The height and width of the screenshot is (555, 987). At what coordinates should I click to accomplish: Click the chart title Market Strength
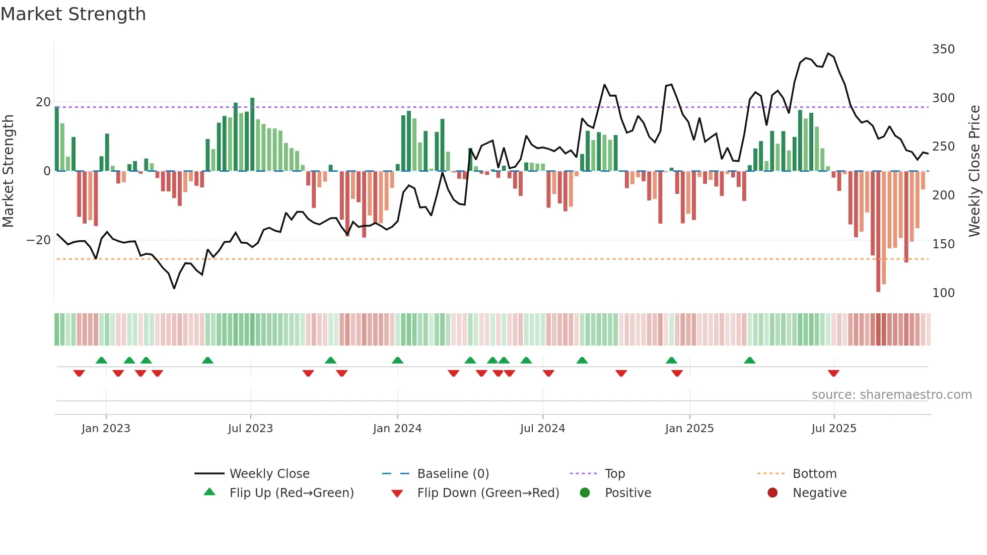73,14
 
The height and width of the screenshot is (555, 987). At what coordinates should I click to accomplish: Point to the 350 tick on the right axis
943,49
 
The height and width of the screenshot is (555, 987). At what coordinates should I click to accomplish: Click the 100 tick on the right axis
943,293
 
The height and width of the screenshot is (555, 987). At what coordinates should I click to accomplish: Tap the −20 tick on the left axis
39,240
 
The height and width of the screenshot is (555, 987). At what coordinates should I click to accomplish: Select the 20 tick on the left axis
43,102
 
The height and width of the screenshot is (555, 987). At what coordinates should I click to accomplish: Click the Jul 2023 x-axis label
250,429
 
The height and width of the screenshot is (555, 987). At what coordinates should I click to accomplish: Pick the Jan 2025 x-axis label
689,429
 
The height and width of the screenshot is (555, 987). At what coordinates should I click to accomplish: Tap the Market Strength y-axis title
9,171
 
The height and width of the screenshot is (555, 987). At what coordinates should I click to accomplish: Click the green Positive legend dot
585,493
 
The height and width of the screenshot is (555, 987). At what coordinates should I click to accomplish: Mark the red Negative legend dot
772,493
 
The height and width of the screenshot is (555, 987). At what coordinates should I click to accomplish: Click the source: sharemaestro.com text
891,395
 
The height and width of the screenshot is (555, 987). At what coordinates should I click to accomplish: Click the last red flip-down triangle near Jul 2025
833,373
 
